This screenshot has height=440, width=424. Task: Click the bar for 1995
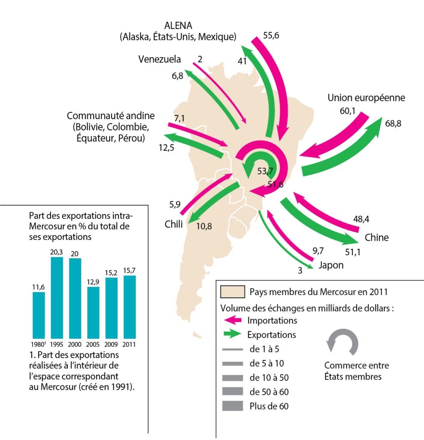pyautogui.click(x=57, y=298)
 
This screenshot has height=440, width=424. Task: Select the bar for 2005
pyautogui.click(x=93, y=313)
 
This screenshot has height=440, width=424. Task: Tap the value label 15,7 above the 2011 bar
pyautogui.click(x=129, y=271)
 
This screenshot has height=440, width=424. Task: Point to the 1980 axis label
pyautogui.click(x=38, y=344)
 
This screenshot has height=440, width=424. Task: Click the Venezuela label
pyautogui.click(x=160, y=59)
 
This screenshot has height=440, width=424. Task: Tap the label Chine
pyautogui.click(x=376, y=237)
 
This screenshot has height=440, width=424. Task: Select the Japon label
pyautogui.click(x=331, y=265)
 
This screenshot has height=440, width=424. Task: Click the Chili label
pyautogui.click(x=173, y=224)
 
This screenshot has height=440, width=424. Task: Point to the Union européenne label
pyautogui.click(x=366, y=98)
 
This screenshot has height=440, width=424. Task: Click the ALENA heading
pyautogui.click(x=178, y=25)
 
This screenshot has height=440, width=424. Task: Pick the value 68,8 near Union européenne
pyautogui.click(x=393, y=123)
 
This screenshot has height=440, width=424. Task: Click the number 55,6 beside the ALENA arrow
pyautogui.click(x=271, y=35)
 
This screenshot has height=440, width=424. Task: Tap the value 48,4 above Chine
pyautogui.click(x=361, y=219)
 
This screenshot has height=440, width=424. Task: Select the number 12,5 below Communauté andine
pyautogui.click(x=166, y=148)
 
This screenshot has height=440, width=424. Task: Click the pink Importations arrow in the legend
pyautogui.click(x=233, y=320)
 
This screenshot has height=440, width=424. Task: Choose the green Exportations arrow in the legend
pyautogui.click(x=233, y=334)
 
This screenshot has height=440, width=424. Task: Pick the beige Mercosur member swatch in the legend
pyautogui.click(x=232, y=292)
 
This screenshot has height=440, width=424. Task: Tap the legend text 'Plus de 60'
pyautogui.click(x=269, y=406)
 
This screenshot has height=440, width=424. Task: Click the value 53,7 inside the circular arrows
pyautogui.click(x=265, y=171)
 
